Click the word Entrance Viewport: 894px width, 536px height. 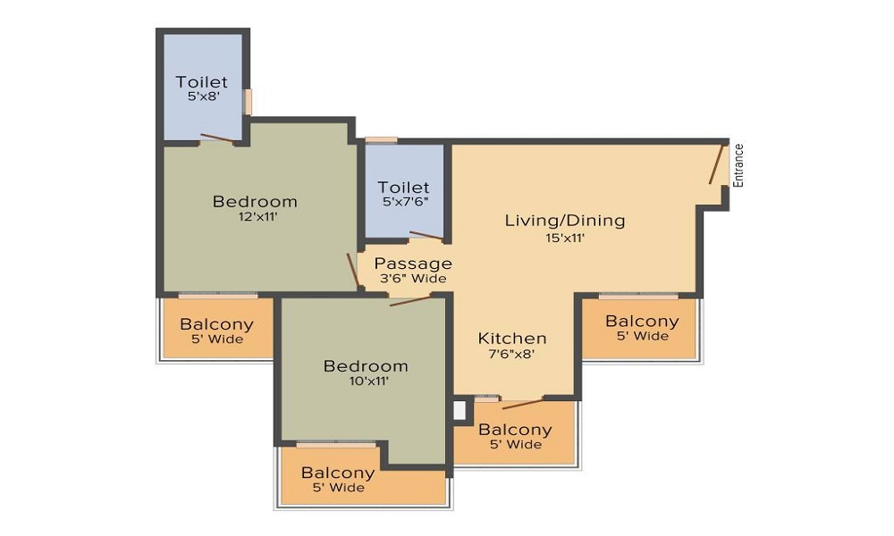[738, 165]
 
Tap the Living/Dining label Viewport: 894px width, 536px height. [564, 220]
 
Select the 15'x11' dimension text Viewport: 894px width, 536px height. [564, 238]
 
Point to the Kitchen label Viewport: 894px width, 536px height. [512, 339]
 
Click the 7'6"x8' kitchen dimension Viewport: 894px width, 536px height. [512, 355]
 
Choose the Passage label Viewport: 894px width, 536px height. [412, 264]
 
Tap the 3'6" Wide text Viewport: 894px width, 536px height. [412, 279]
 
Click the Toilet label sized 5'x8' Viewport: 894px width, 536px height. [201, 82]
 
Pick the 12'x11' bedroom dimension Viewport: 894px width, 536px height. [255, 217]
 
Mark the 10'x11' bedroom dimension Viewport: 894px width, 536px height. [366, 381]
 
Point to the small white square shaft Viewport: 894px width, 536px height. [460, 410]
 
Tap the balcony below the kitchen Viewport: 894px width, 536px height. [516, 435]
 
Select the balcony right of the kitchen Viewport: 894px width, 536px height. [641, 328]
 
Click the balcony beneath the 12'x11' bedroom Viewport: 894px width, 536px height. [216, 331]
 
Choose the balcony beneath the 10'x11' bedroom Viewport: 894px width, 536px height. [338, 480]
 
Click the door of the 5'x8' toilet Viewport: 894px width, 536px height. [217, 138]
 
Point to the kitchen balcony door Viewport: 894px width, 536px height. [523, 403]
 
